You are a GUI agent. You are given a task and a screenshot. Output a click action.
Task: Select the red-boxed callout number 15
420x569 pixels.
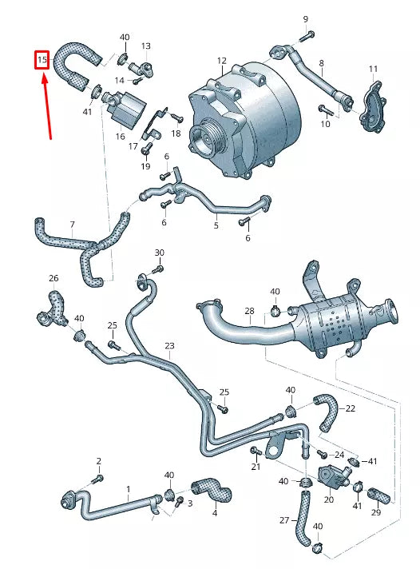pos(42,60)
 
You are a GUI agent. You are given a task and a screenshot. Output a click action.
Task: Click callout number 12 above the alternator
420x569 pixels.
pos(221,61)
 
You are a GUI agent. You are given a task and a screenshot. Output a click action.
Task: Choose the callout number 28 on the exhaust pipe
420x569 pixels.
pos(249,311)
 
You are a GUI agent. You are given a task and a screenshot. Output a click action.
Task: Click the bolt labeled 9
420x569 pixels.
pos(308,34)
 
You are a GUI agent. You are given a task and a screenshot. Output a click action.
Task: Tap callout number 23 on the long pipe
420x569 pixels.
pos(169,346)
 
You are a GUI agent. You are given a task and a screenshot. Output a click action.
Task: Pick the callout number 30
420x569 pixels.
pos(159,253)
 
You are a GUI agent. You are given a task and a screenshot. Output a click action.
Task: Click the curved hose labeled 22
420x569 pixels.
pos(327,411)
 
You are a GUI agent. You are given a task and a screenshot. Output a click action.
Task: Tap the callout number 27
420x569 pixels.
pos(285,520)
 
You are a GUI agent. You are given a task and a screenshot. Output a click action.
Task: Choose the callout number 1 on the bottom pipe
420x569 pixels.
pos(127,487)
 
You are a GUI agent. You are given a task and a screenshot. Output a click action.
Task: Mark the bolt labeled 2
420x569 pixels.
pos(99,478)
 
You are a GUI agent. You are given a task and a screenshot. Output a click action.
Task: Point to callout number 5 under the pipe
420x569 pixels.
pos(216,226)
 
